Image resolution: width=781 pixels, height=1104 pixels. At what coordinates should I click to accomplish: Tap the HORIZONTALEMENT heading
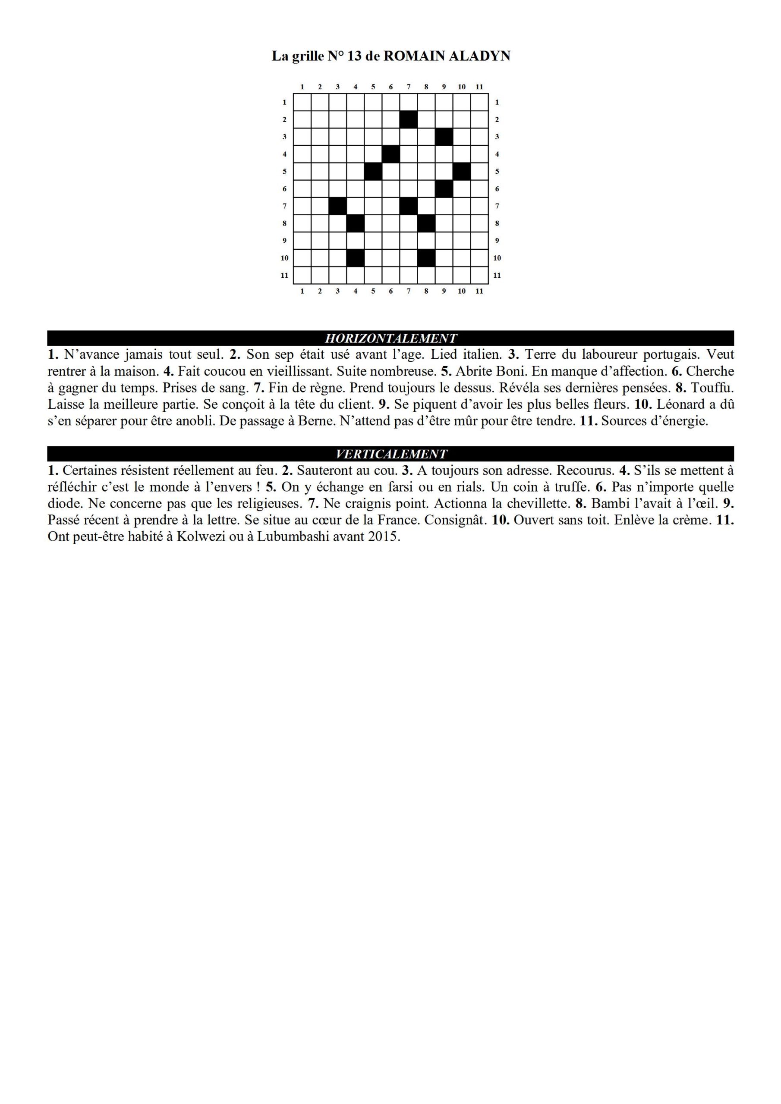pyautogui.click(x=391, y=338)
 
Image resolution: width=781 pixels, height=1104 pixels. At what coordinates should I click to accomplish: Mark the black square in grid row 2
pyautogui.click(x=409, y=119)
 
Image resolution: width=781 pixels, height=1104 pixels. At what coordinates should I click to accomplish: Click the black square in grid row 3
pyautogui.click(x=444, y=137)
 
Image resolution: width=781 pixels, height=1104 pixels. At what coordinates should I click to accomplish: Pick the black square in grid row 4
pyautogui.click(x=391, y=154)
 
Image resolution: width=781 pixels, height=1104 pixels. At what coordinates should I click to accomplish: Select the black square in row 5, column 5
pyautogui.click(x=373, y=171)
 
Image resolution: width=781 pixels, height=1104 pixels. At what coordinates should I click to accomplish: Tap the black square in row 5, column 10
pyautogui.click(x=461, y=171)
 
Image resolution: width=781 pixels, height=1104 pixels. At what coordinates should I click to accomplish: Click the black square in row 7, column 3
pyautogui.click(x=338, y=206)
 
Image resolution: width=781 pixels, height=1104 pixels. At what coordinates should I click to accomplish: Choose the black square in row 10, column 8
pyautogui.click(x=426, y=258)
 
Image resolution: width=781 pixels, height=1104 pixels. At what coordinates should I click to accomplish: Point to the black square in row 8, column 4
pyautogui.click(x=356, y=223)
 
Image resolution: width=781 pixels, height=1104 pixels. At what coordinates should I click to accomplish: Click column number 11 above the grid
pyautogui.click(x=479, y=87)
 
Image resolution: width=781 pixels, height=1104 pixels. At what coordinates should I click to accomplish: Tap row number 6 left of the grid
pyautogui.click(x=284, y=188)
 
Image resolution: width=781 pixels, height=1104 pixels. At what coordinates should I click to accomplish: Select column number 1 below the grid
pyautogui.click(x=302, y=291)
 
